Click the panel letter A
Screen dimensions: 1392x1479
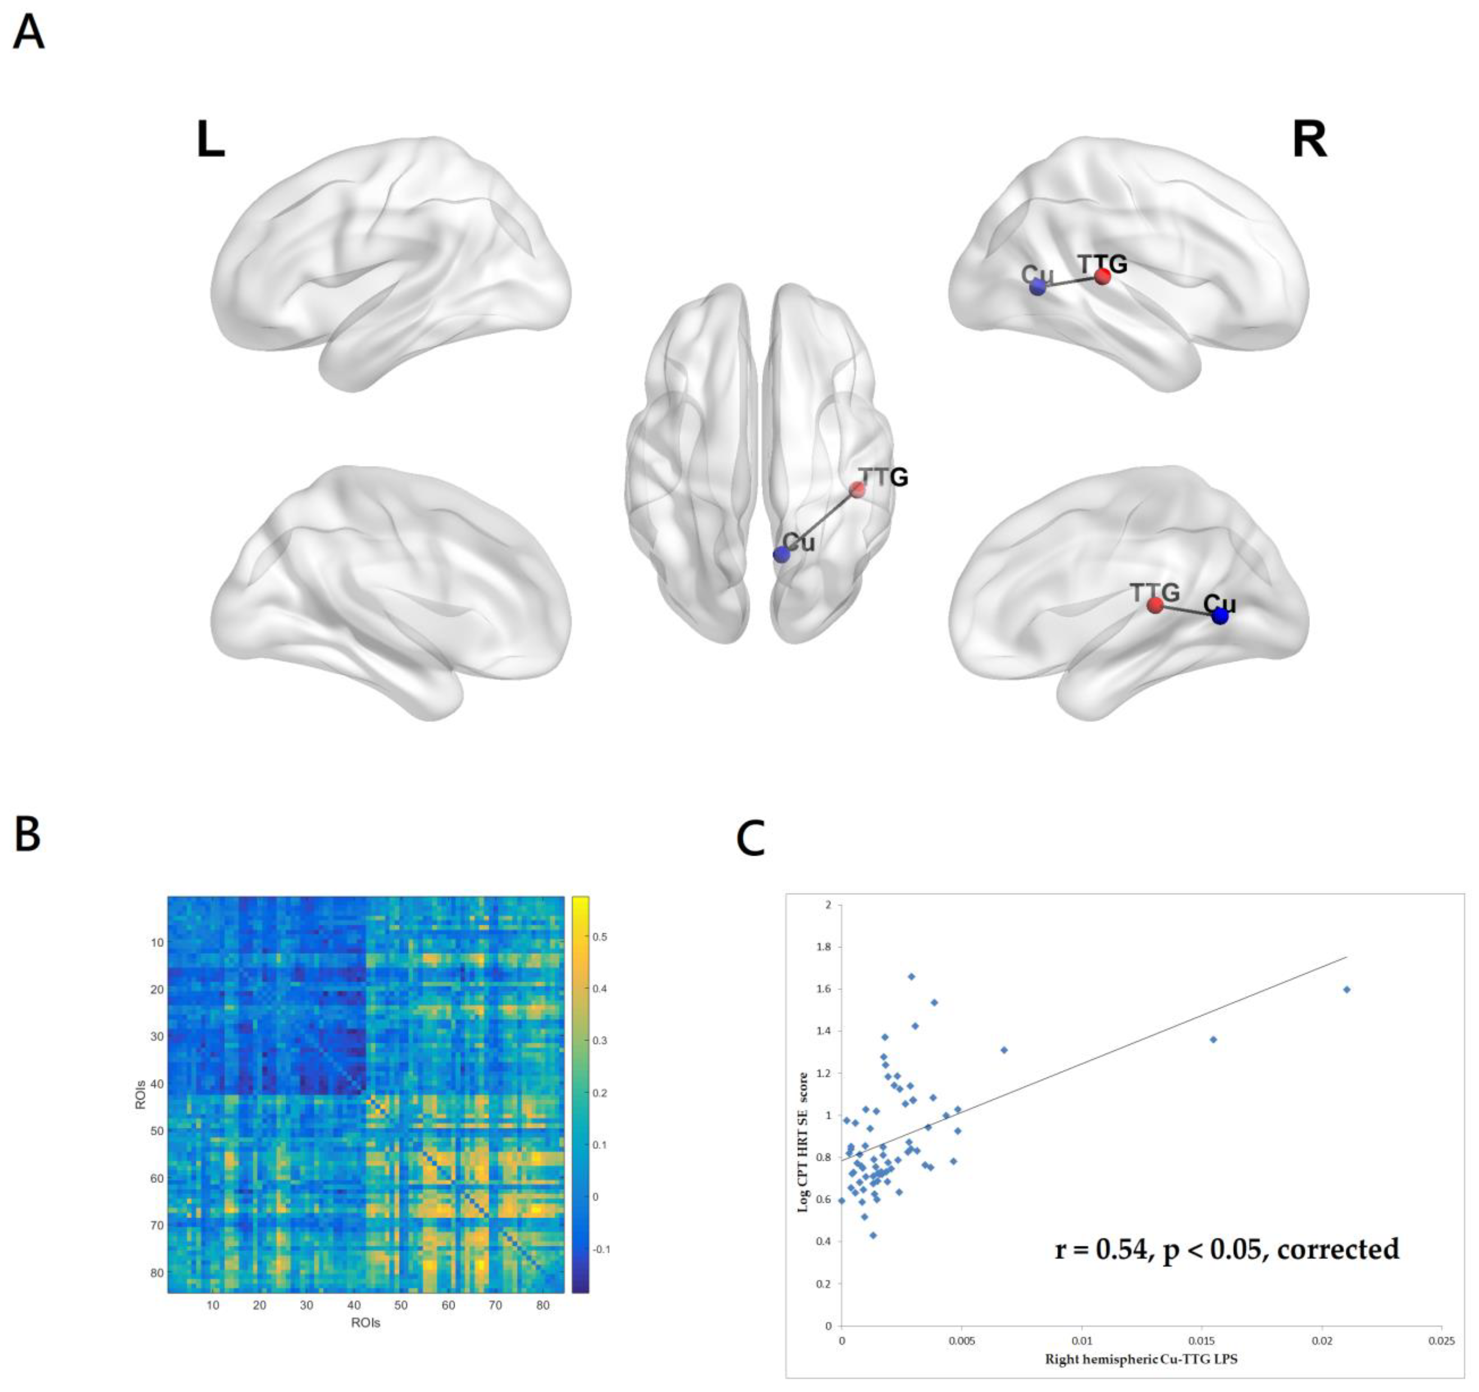pyautogui.click(x=29, y=34)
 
